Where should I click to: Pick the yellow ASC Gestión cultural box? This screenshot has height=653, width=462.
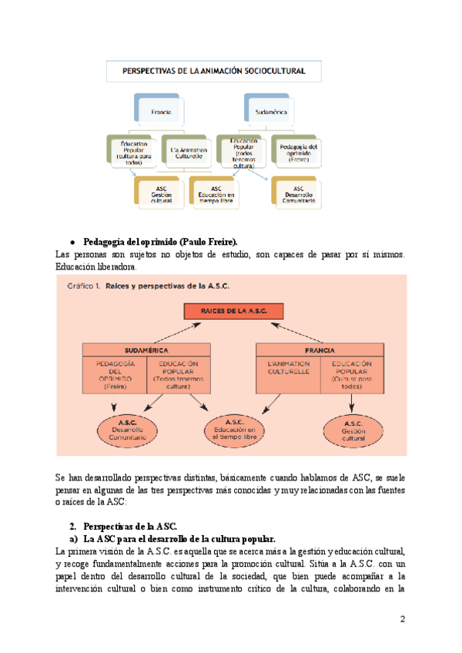click(x=160, y=193)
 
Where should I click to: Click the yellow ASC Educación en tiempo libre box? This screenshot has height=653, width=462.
click(x=216, y=193)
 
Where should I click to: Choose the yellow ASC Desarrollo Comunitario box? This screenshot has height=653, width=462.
click(x=298, y=193)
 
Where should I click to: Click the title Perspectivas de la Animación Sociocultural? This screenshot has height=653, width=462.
click(x=213, y=71)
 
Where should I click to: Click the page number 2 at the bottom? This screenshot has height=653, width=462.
click(x=403, y=619)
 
